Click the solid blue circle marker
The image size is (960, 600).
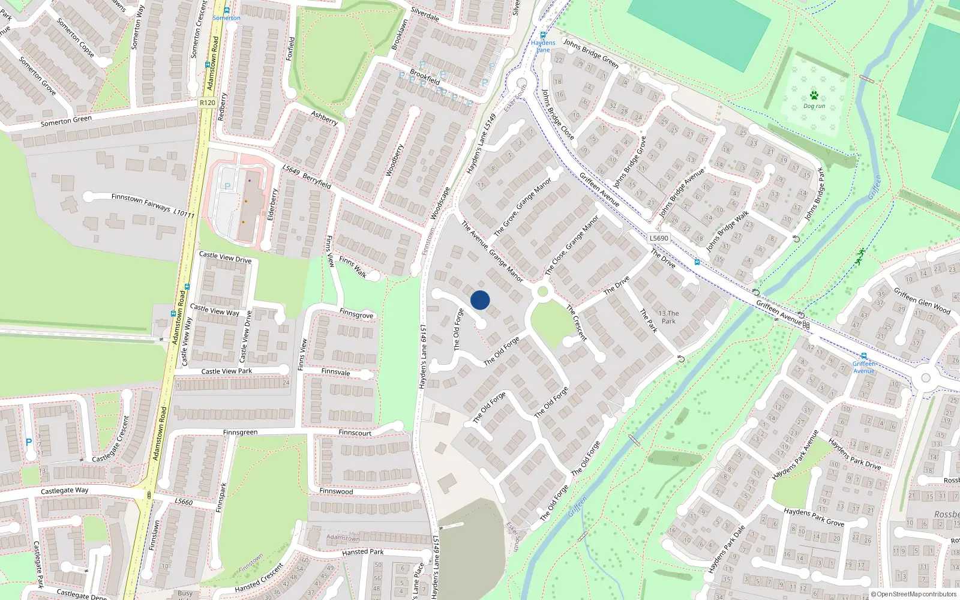(x=480, y=300)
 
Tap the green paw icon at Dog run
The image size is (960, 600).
(x=814, y=95)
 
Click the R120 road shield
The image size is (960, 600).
(x=207, y=103)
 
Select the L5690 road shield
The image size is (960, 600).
(x=658, y=238)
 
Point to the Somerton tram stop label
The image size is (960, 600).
(x=226, y=18)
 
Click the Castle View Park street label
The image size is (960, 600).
(x=226, y=371)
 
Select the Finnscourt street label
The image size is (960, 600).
(x=355, y=433)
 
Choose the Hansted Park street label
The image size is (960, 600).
(x=362, y=552)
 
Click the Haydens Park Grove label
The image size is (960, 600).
(x=814, y=517)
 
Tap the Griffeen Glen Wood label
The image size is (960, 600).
(x=922, y=301)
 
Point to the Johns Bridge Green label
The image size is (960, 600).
(x=590, y=53)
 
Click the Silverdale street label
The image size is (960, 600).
(x=425, y=14)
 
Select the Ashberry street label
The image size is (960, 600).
(x=324, y=118)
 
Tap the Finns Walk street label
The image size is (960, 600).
(x=353, y=267)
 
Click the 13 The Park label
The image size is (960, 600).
(x=668, y=317)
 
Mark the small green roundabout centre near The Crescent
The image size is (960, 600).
(x=542, y=292)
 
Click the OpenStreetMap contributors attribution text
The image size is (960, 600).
(x=913, y=594)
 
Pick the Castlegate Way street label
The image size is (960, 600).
(x=64, y=491)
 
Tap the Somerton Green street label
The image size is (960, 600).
(x=66, y=121)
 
